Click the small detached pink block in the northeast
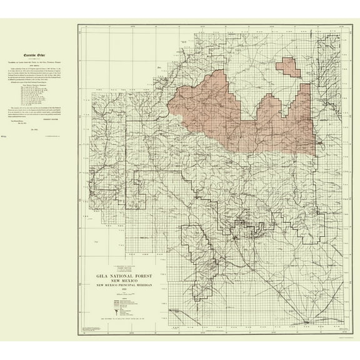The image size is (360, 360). click(287, 66)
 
